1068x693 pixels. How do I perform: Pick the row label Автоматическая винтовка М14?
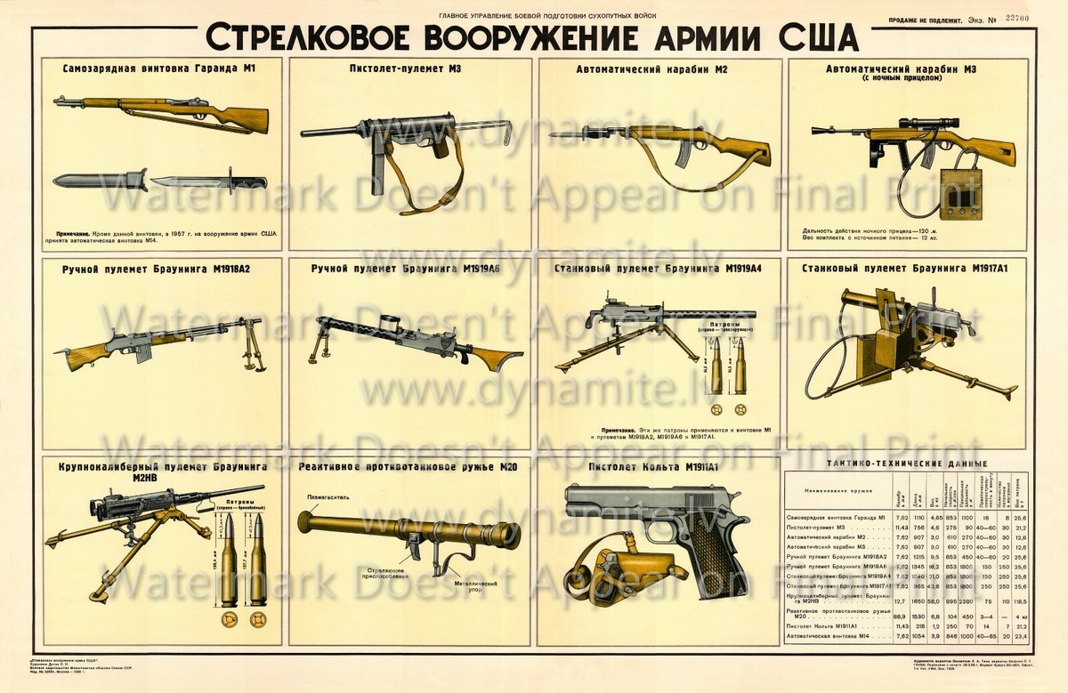(833, 637)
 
